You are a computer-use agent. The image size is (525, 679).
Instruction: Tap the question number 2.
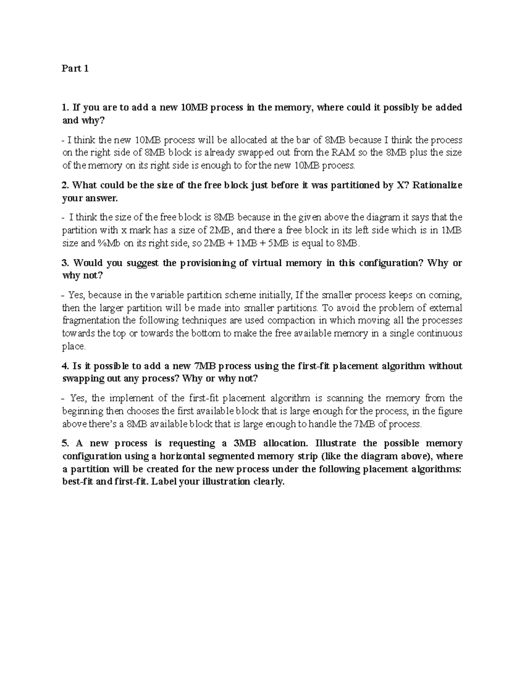pos(66,185)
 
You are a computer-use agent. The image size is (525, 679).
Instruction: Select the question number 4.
pos(66,366)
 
